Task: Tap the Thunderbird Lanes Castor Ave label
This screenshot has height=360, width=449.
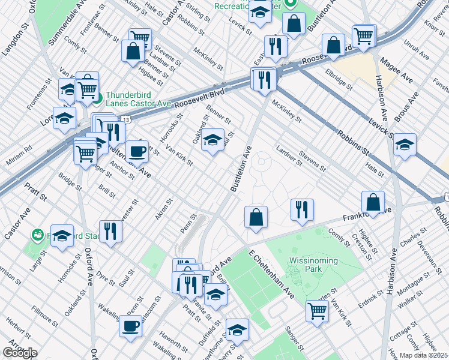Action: [x=139, y=99]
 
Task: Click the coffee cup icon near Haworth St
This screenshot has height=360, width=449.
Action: [x=130, y=326]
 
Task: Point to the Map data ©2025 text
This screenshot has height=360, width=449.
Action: [x=423, y=355]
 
